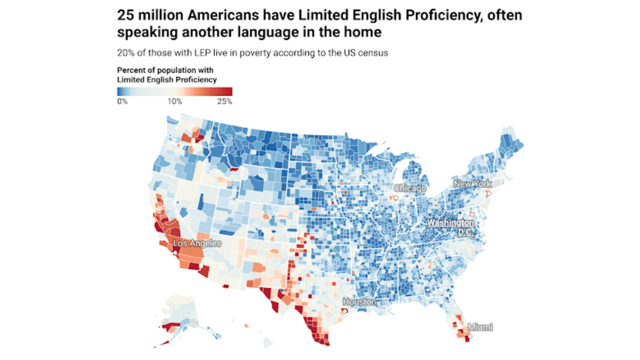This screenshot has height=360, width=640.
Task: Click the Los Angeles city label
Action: point(197,243)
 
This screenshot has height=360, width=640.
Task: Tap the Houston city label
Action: point(359,302)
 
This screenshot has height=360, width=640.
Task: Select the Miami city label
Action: point(480,327)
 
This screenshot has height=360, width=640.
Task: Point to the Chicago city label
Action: point(410,189)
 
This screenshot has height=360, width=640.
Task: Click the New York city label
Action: point(472,184)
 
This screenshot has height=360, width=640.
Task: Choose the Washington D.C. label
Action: point(450,227)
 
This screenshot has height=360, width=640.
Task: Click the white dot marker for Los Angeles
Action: point(175,253)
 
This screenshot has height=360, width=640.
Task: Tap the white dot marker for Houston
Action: point(344,311)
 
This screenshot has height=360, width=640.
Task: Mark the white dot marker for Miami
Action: point(469,336)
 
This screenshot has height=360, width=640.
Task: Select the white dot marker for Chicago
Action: point(396,197)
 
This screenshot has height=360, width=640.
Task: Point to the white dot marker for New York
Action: point(489,194)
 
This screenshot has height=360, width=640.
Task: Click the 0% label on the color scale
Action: point(122,101)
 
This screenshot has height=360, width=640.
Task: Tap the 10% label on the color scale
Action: point(175,101)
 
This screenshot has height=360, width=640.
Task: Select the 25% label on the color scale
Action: point(225,101)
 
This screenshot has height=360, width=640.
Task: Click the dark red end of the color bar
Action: point(229,92)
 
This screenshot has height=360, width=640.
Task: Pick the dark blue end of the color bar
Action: point(120,92)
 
